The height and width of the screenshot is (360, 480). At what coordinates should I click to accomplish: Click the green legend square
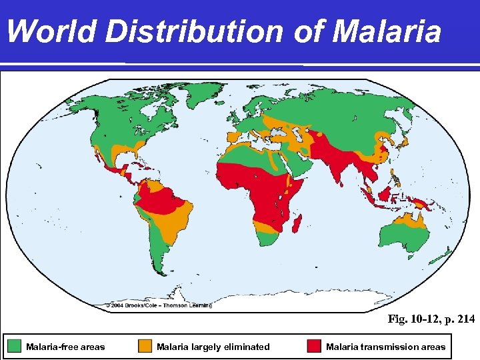(15, 346)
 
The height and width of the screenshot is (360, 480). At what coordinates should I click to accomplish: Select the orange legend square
(145, 346)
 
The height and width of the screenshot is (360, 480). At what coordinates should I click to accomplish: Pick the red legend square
(313, 346)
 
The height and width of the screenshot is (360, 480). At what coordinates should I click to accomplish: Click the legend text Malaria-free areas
(65, 347)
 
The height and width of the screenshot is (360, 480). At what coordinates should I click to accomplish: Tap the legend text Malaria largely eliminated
(213, 347)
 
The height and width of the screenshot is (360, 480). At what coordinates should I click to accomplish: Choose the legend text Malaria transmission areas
(385, 347)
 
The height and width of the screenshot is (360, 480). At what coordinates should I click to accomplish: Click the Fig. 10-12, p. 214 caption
(431, 319)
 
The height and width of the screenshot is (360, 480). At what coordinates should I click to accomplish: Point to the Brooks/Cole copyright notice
(159, 305)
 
